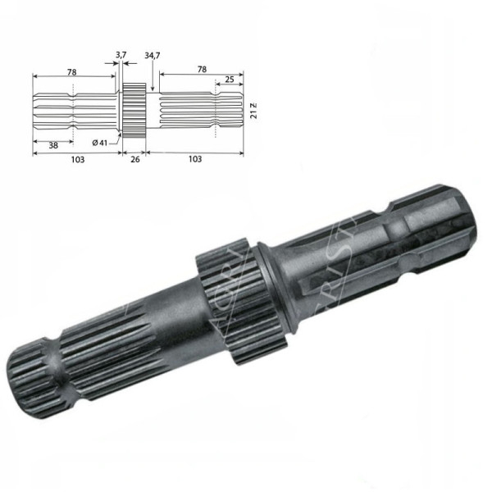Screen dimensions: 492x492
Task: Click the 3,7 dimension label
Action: click(x=121, y=54)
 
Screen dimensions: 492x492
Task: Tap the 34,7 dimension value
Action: click(x=152, y=55)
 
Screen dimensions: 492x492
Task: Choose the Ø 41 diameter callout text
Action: click(x=101, y=143)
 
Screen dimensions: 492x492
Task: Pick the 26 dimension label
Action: click(x=134, y=159)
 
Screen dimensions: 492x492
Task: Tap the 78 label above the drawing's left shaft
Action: click(x=72, y=72)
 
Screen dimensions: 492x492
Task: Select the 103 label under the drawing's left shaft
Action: click(x=76, y=159)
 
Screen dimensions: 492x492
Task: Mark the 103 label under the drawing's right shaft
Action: click(x=194, y=159)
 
